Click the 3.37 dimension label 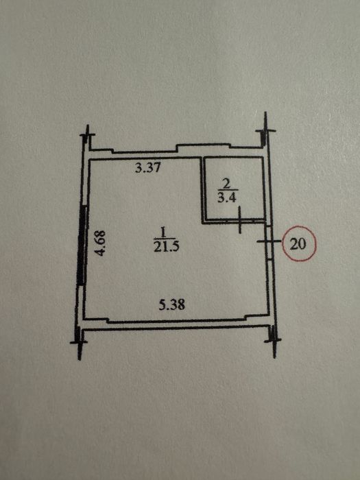[148, 168]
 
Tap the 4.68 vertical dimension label [100, 243]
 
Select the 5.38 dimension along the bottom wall [171, 305]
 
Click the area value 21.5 [166, 246]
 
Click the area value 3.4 [226, 198]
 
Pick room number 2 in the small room [226, 184]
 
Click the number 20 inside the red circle [298, 244]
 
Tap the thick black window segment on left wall [81, 245]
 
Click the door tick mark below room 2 [240, 220]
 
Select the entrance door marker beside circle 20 [268, 241]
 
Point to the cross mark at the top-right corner [265, 131]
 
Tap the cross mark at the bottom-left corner [80, 342]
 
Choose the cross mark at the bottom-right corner [274, 340]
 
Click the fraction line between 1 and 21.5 [165, 239]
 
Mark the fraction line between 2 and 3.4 [227, 191]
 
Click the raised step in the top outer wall [203, 145]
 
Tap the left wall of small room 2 [202, 189]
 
